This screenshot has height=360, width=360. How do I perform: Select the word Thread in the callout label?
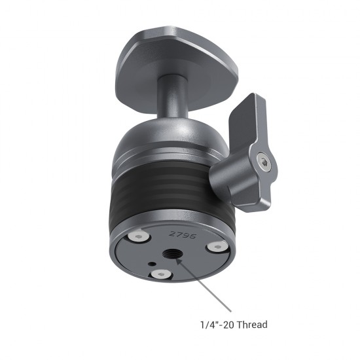(x=253, y=324)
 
